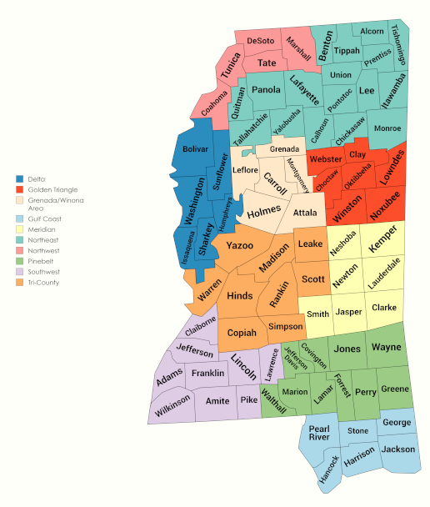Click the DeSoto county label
tap(261, 40)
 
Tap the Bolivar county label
tap(196, 149)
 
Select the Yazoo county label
tap(240, 246)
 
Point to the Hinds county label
tap(239, 296)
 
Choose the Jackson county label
tap(397, 449)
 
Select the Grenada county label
tap(283, 149)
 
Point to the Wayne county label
tap(387, 346)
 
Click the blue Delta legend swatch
tap(19, 179)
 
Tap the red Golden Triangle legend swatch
tap(19, 189)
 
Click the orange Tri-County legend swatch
tap(19, 283)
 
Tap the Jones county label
tap(347, 350)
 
